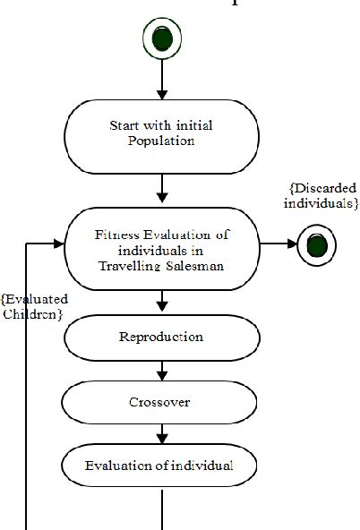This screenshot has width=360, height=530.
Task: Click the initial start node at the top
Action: tap(162, 38)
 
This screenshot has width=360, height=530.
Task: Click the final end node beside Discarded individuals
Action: tap(317, 244)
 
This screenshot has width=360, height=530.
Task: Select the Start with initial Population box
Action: tap(162, 134)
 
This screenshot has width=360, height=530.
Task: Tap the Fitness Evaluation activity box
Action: tap(162, 249)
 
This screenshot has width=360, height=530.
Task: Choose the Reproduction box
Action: tap(162, 338)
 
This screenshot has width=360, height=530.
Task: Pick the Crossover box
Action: tap(162, 402)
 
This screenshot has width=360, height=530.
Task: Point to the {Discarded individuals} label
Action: tap(322, 196)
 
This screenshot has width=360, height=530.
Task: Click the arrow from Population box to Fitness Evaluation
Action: tap(162, 188)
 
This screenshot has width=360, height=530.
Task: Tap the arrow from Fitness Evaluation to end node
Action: tap(279, 244)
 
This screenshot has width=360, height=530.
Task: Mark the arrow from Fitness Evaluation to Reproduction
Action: tap(162, 302)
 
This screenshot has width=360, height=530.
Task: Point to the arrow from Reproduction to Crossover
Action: tap(162, 370)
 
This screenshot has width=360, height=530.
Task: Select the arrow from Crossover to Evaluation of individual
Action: tap(162, 434)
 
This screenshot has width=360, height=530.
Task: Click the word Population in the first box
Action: tap(162, 141)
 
